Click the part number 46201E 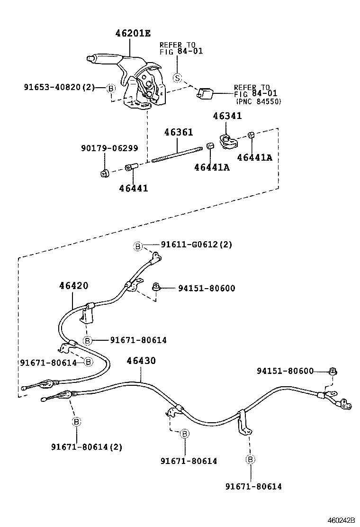[133, 33]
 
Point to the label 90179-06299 [108, 148]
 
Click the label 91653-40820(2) [59, 87]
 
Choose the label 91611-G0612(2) [196, 245]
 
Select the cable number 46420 [73, 286]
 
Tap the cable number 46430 [141, 361]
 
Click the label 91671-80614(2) [86, 446]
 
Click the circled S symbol [177, 77]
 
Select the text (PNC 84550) [259, 101]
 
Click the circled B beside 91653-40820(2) [111, 88]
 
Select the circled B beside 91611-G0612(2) [137, 245]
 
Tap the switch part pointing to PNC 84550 [205, 93]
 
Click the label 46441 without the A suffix [133, 188]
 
